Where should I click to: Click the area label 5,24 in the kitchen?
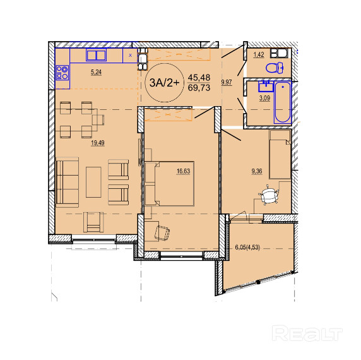tap(96, 73)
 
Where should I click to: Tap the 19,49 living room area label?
tap(98, 143)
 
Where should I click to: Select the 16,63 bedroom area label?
tap(183, 171)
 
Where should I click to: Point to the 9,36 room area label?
tap(257, 171)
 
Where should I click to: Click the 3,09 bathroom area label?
tap(264, 99)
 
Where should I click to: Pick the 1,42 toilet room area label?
tap(259, 55)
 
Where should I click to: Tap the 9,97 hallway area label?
tap(227, 83)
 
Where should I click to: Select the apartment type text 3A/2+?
tap(164, 83)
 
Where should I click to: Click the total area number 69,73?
tap(199, 88)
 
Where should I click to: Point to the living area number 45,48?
tap(199, 78)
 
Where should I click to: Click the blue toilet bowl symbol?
tap(275, 68)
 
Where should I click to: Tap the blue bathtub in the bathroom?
tap(283, 102)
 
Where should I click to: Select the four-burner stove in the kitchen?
tap(62, 73)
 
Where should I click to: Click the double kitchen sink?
tap(96, 55)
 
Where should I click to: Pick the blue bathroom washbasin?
tap(266, 86)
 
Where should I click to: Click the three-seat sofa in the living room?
tap(68, 183)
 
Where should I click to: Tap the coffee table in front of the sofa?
tap(93, 182)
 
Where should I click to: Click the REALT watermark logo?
tap(307, 333)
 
